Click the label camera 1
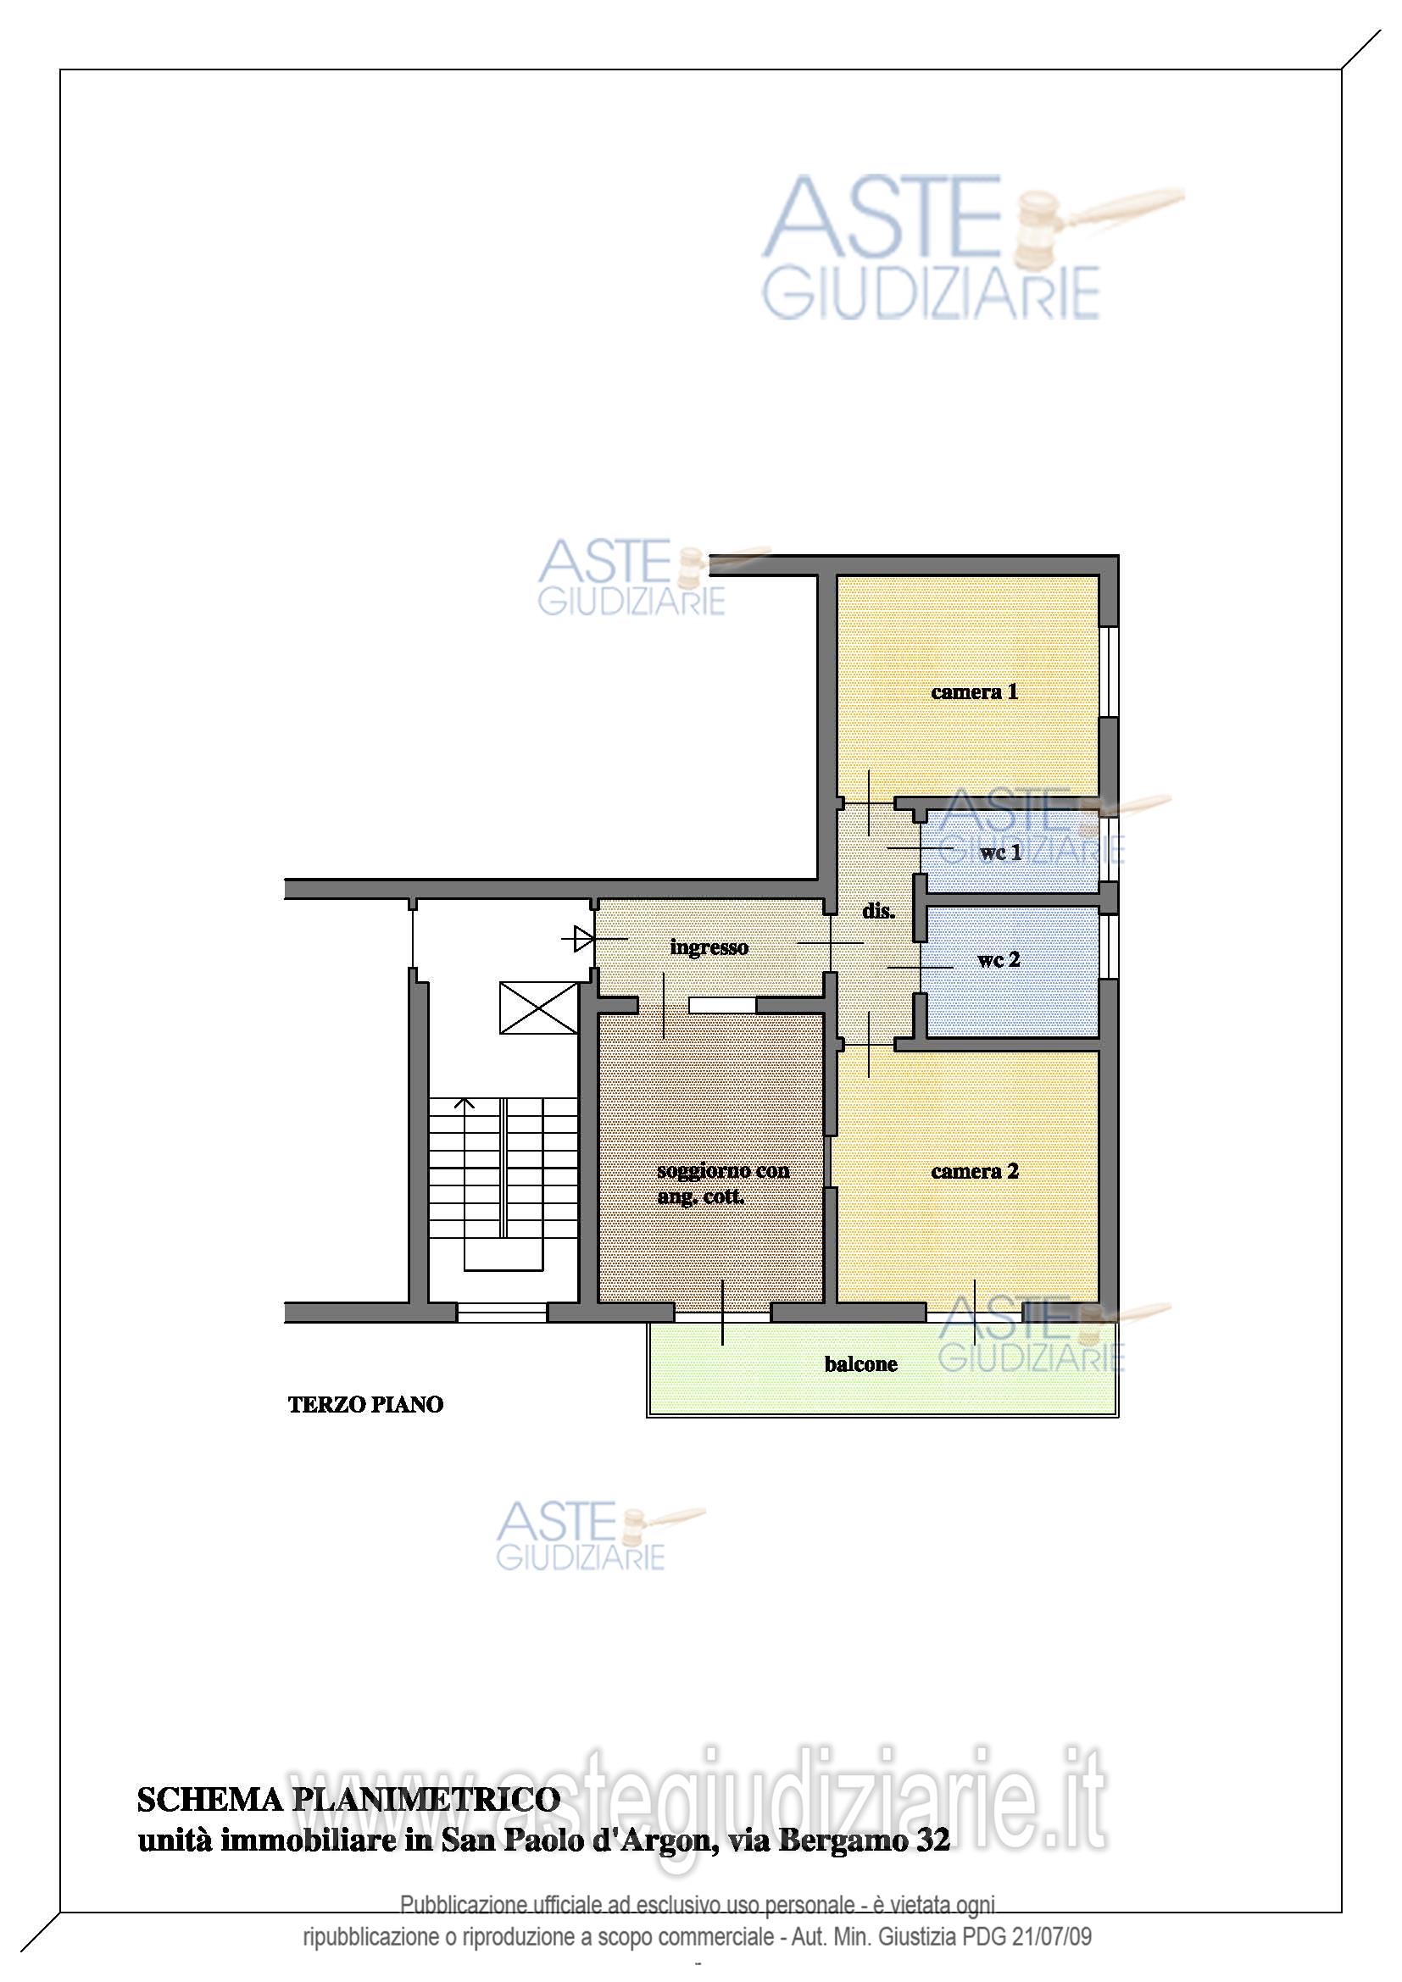coord(974,691)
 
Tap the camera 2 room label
coord(975,1171)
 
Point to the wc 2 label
coord(999,960)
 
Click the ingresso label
coord(709,948)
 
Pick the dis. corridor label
coord(878,911)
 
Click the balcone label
coord(860,1364)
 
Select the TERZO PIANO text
coord(366,1404)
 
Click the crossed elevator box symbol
coord(539,1008)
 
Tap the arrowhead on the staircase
coord(465,1102)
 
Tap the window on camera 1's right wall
coord(1111,672)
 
